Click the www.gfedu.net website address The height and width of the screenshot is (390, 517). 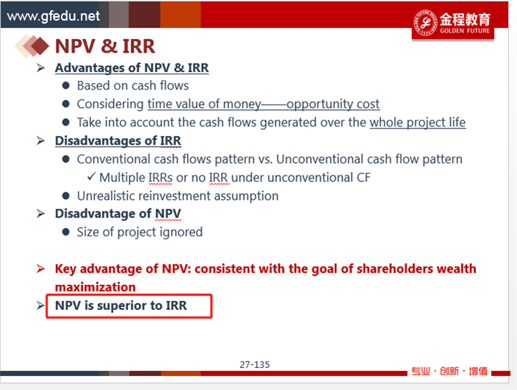click(x=53, y=16)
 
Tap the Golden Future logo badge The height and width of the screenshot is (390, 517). click(x=452, y=23)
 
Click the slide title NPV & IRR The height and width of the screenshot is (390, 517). click(x=105, y=46)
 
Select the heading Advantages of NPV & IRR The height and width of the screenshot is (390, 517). click(x=131, y=68)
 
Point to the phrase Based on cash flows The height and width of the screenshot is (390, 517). click(x=133, y=86)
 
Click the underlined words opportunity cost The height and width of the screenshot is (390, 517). click(x=333, y=104)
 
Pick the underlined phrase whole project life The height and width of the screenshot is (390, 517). click(x=418, y=123)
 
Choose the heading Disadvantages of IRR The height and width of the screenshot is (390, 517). click(x=118, y=141)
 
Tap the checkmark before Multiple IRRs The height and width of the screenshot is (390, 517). click(x=92, y=177)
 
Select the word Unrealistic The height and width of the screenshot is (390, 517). click(x=106, y=196)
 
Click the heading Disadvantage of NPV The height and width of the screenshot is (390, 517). click(x=118, y=214)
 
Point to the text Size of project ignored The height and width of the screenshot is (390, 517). click(x=140, y=232)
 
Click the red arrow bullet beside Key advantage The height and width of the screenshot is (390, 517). click(x=40, y=269)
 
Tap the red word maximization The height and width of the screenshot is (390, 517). click(x=95, y=287)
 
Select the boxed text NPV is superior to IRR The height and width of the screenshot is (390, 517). click(x=121, y=306)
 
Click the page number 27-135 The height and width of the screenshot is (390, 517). click(x=255, y=364)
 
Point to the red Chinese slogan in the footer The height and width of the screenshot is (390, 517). click(x=449, y=371)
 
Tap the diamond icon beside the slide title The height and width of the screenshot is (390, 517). click(x=32, y=46)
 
